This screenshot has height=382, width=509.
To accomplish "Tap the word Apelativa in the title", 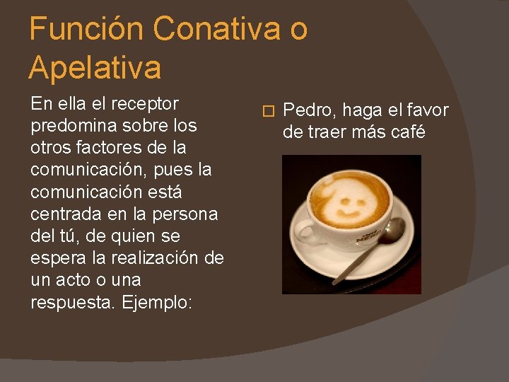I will [x=95, y=69].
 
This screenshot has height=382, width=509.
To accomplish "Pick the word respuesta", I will [x=74, y=302].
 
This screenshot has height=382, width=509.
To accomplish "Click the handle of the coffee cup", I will [x=305, y=229].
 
